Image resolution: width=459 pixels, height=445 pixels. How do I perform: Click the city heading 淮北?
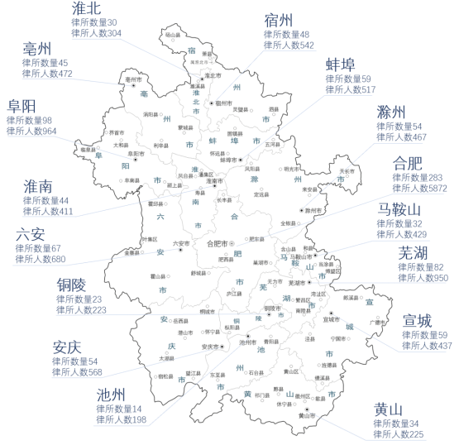click(x=88, y=9)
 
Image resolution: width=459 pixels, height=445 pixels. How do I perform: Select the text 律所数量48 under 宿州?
click(x=286, y=35)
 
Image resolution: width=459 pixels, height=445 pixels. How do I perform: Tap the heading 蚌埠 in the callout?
click(x=341, y=65)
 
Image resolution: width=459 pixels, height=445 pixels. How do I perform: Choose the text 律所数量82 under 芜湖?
click(x=420, y=267)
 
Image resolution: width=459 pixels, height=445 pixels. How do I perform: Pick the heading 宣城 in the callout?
click(x=418, y=319)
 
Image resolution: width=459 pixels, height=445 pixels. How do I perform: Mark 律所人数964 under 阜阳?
click(x=32, y=131)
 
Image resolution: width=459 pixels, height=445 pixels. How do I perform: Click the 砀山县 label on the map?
click(x=173, y=36)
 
